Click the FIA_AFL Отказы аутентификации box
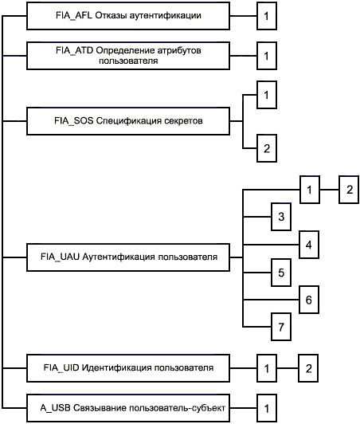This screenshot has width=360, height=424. point(128,16)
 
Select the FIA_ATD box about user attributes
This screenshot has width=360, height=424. point(128,56)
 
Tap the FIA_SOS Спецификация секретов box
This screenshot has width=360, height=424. point(128,121)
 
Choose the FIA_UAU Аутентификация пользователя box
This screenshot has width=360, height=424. point(128,257)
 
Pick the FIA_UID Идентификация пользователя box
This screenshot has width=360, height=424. point(128,368)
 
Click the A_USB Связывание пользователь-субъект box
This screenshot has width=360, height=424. point(128,408)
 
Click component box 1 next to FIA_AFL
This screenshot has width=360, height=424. point(267,16)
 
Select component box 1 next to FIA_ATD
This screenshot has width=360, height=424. point(267,56)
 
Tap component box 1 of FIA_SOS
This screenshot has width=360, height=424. point(267,95)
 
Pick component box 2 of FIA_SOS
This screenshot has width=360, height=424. point(267,148)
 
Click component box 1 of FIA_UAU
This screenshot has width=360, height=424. point(310,190)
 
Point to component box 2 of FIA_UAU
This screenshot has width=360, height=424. point(349,190)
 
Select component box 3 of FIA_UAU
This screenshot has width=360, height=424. point(281,217)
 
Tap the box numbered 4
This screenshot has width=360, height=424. point(309,245)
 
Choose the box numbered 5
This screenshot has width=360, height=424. point(281,273)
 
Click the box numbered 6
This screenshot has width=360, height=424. point(309,300)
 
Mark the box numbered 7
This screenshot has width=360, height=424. point(281,327)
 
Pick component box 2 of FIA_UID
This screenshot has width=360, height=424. point(308,368)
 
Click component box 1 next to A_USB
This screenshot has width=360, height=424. point(267,408)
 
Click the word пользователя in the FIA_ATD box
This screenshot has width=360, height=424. point(128,61)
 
